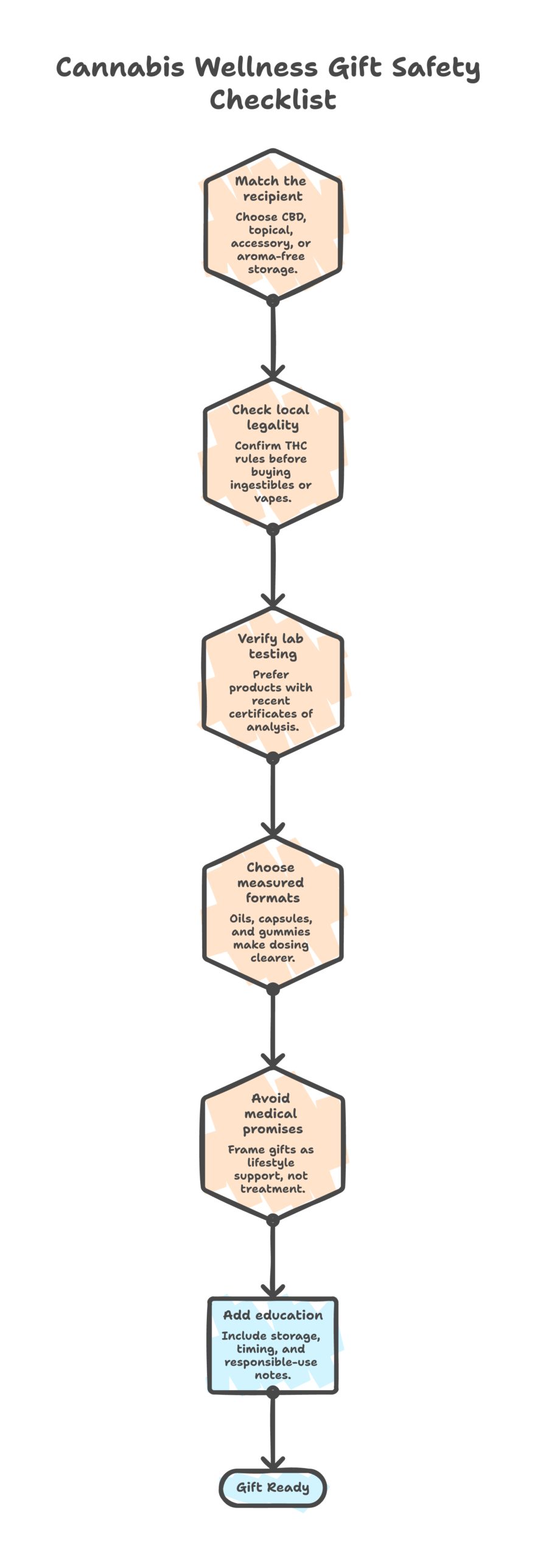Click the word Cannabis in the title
(120, 67)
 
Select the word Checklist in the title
(273, 100)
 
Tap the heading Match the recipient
(271, 189)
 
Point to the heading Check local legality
(271, 417)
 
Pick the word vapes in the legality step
(271, 498)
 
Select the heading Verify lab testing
(271, 646)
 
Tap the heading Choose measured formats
(271, 882)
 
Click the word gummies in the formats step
(284, 932)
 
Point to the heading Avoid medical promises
(271, 1114)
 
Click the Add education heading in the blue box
(273, 1315)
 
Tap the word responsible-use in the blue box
(271, 1363)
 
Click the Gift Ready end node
(273, 1487)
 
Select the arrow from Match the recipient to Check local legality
(273, 338)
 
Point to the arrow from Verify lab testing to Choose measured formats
(273, 797)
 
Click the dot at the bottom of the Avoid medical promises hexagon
(273, 1220)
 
